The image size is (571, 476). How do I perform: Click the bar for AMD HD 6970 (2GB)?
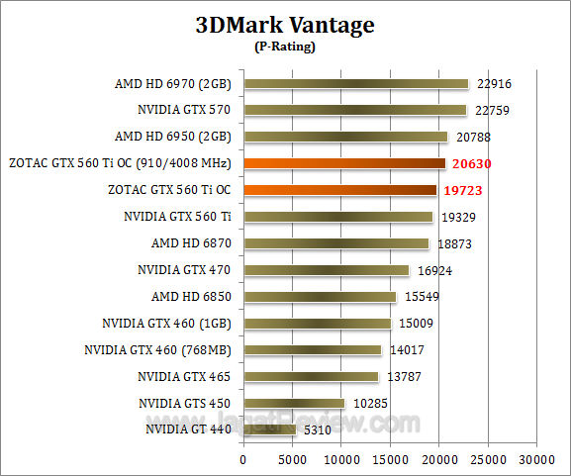355,84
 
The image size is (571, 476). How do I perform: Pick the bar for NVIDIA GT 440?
269,429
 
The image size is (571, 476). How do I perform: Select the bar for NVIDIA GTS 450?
294,403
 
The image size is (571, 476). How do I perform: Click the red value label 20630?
472,164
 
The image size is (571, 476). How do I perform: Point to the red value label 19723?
463,190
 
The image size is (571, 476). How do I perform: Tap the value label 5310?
318,430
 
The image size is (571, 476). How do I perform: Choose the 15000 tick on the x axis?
390,459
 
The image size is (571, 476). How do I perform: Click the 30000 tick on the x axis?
536,459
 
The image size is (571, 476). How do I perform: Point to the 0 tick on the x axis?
243,459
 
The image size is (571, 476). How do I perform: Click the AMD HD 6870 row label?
186,242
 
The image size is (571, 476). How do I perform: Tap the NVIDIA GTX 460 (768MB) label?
157,349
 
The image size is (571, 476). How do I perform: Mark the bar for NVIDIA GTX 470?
326,269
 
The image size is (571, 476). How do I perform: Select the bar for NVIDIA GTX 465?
311,376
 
